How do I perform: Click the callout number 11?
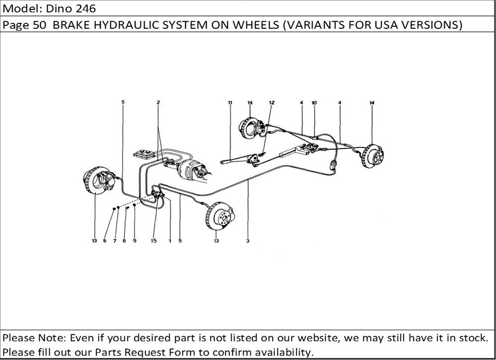pos(230,103)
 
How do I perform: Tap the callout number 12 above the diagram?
pos(272,103)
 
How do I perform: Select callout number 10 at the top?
pos(314,103)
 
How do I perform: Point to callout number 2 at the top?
pos(158,102)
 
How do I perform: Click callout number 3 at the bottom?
pos(248,240)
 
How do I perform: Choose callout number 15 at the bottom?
pos(154,240)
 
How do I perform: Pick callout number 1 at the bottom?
pos(170,240)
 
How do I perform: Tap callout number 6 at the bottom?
pos(105,240)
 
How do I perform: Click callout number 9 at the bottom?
pos(134,240)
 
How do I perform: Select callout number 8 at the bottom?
pos(124,240)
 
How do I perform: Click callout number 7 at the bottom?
pos(115,240)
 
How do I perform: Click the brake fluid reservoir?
pos(144,154)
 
